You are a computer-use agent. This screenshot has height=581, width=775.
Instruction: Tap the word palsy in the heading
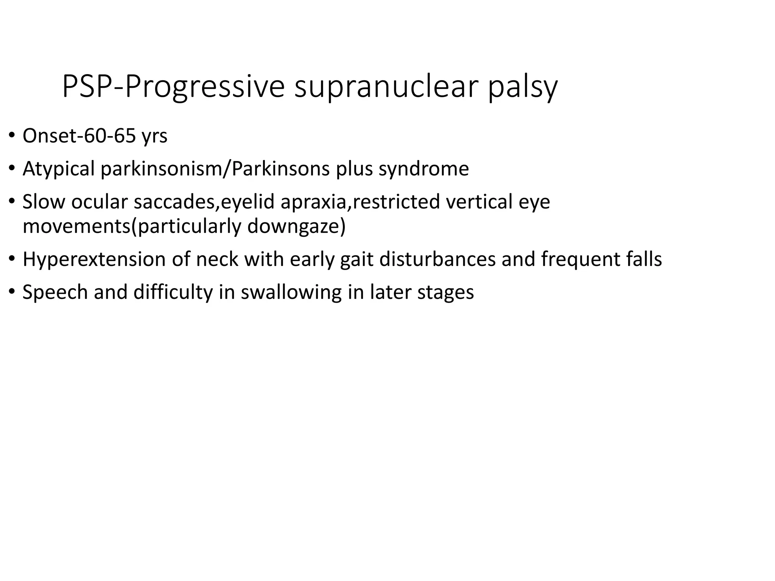[x=522, y=88]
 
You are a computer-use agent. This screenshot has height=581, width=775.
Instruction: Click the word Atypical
[x=58, y=169]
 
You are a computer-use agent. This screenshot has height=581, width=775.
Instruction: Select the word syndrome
[x=423, y=169]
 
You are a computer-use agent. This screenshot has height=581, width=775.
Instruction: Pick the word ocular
[x=100, y=201]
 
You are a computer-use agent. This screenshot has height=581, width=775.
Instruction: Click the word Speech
[x=55, y=292]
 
